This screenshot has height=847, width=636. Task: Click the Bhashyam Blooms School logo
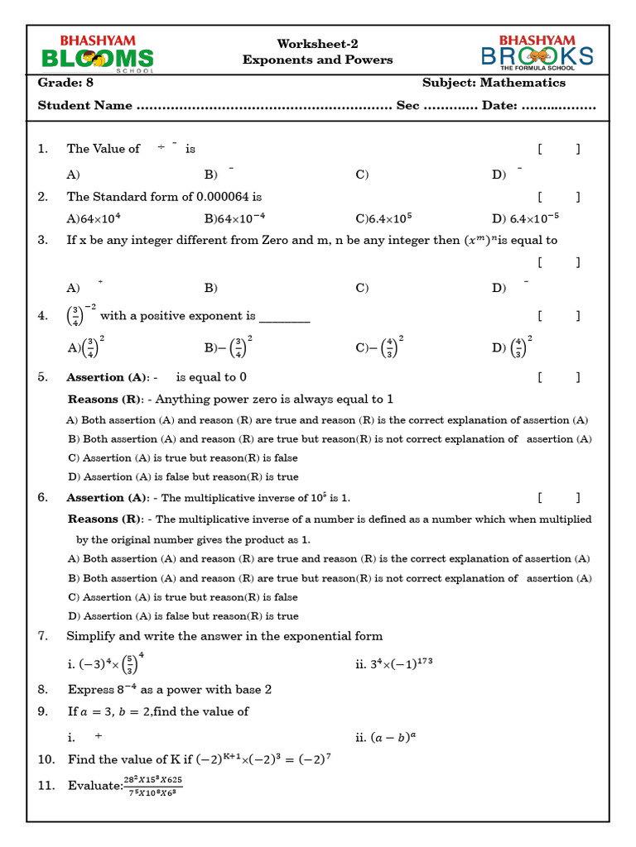click(98, 54)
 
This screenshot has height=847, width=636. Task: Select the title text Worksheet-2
click(317, 44)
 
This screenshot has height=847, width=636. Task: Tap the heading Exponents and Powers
click(317, 60)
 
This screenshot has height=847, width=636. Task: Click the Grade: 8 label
click(65, 83)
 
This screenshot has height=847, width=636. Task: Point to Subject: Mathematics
click(494, 83)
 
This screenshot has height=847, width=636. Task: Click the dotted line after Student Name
click(263, 106)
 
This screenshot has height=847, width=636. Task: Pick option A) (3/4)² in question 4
click(85, 346)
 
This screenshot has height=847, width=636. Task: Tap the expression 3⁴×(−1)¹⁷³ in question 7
click(394, 663)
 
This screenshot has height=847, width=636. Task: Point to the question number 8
click(43, 689)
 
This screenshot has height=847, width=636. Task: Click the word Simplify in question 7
click(91, 636)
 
